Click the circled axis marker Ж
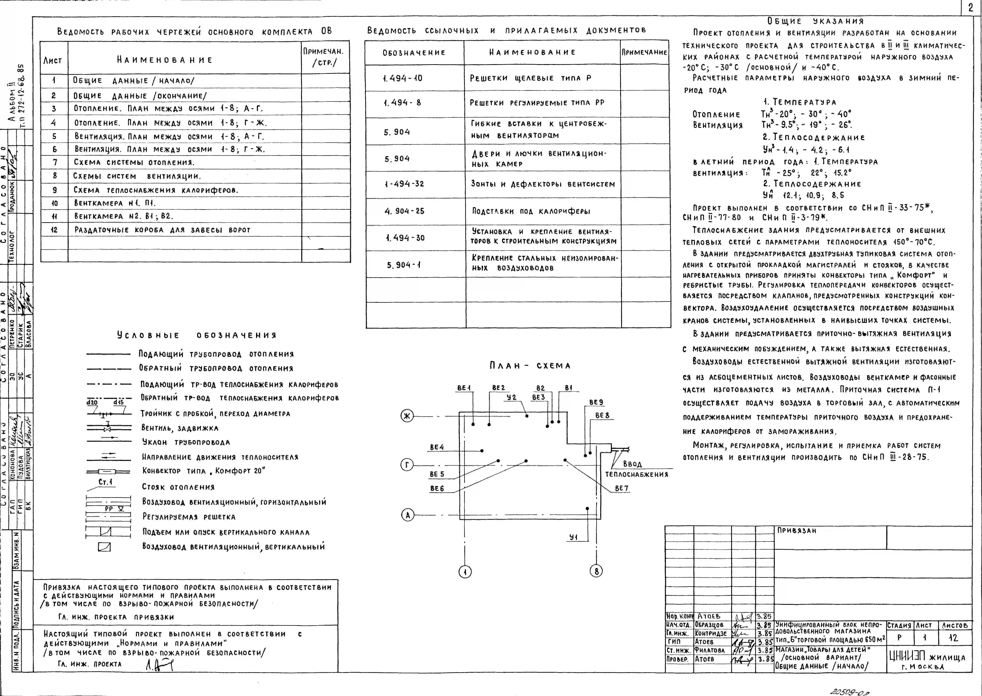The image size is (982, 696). pyautogui.click(x=407, y=416)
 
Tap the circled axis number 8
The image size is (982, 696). pyautogui.click(x=596, y=571)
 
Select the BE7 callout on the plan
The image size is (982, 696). pyautogui.click(x=621, y=488)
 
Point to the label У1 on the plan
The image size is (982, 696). pyautogui.click(x=573, y=537)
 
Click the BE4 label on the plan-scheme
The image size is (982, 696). pyautogui.click(x=437, y=447)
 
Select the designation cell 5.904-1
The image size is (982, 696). pyautogui.click(x=404, y=265)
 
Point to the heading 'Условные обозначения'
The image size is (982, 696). pyautogui.click(x=197, y=335)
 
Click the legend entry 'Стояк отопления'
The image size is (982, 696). pyautogui.click(x=178, y=487)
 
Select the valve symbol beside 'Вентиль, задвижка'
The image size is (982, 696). pyautogui.click(x=108, y=428)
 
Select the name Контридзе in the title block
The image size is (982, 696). pyautogui.click(x=711, y=633)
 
